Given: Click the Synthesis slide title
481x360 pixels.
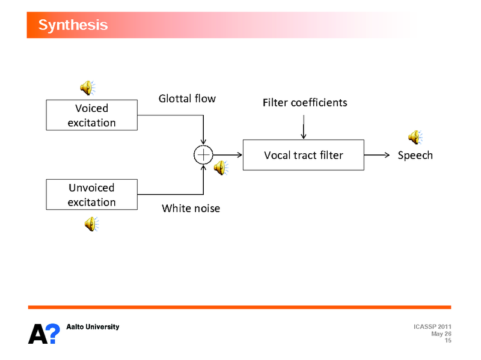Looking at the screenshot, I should (73, 25).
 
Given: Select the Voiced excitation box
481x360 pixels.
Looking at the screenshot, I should (91, 115).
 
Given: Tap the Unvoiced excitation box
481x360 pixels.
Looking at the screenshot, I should (91, 195).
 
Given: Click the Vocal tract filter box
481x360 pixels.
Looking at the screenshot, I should (303, 155).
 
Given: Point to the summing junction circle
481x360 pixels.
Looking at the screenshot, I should (203, 155).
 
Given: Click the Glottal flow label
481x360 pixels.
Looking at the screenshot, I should (186, 98).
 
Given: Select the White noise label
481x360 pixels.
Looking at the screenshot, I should (191, 209).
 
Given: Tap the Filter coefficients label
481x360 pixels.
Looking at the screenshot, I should (305, 103).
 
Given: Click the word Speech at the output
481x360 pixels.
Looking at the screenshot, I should (415, 155).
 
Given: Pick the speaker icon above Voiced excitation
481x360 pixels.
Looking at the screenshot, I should (88, 88).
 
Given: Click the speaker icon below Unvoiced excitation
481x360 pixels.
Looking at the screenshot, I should (91, 225).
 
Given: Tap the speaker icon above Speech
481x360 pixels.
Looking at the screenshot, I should (415, 138).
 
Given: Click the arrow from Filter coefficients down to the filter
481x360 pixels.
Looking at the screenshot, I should (303, 127).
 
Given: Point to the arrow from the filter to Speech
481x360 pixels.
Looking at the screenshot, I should (379, 155).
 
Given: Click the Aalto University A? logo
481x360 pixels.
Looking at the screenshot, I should (44, 332).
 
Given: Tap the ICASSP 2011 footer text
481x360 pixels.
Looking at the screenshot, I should (433, 326).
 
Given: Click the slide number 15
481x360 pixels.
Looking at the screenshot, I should (447, 341).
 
